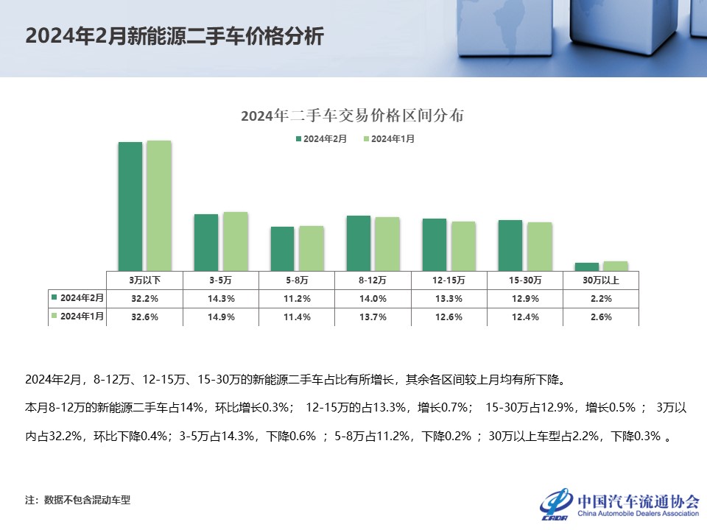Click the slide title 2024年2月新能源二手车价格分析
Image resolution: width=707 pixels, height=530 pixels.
174,37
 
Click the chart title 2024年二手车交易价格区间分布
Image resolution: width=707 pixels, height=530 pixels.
352,116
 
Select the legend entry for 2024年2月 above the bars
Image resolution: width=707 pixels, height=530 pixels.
322,138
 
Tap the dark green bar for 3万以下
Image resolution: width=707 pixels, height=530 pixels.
130,206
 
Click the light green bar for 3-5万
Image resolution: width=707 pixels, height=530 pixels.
235,241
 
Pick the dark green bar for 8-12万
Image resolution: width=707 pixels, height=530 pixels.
358,243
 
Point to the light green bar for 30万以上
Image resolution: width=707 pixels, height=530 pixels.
615,266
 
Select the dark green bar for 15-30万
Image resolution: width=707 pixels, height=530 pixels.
510,245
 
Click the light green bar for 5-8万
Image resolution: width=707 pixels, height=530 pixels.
311,248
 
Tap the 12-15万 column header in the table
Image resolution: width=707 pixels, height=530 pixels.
449,280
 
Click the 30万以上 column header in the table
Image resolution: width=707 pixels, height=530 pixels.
600,280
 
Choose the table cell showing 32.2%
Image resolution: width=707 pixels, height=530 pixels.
144,299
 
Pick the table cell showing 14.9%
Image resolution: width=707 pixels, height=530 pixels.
220,317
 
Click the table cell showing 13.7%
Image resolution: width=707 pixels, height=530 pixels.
373,317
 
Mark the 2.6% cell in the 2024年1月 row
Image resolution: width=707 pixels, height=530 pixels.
600,317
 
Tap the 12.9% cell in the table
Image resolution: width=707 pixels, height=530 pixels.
524,299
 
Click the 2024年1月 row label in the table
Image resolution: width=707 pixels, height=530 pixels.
77,317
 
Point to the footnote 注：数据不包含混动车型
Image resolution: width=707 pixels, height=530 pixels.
77,500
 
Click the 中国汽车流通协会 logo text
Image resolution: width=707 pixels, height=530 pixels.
638,501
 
